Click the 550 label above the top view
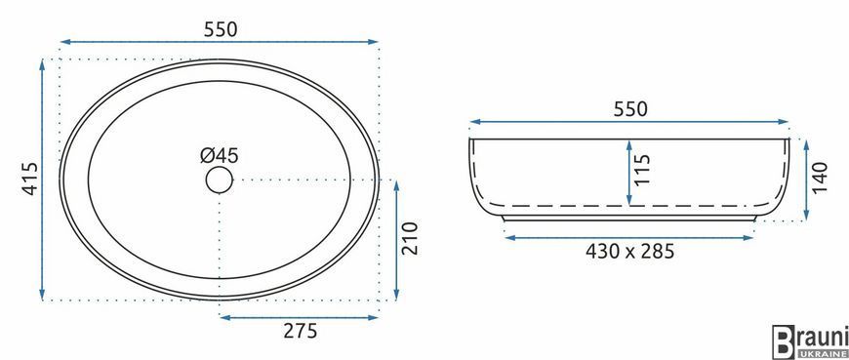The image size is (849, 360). coord(221,29)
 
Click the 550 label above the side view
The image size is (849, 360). coord(630,109)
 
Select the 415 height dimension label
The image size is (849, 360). coord(30,179)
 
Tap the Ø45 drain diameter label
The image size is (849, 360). coord(220,156)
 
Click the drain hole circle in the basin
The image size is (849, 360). coord(220,180)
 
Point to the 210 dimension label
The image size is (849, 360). coord(411,238)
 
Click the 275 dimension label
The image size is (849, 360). coord(301,330)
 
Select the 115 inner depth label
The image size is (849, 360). coord(643,170)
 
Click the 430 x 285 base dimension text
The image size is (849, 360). coord(629,251)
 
